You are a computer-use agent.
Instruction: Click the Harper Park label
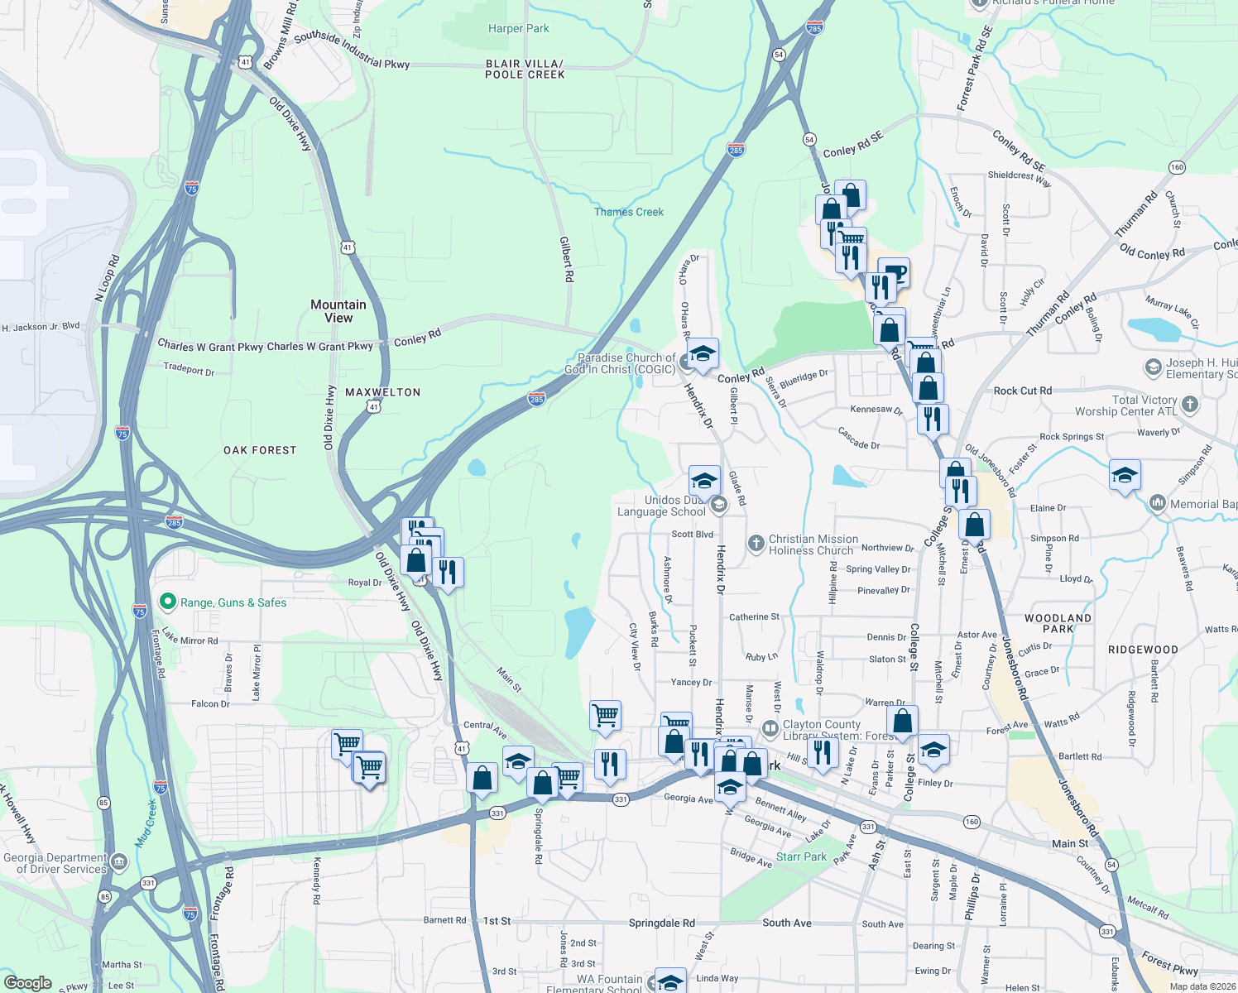tap(518, 28)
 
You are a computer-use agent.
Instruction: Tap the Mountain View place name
tap(338, 311)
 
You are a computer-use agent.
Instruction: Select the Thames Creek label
tap(629, 212)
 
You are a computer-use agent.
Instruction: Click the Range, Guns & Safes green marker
tap(168, 602)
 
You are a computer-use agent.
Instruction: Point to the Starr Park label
tap(801, 856)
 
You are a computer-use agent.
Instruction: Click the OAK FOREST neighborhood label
tap(260, 450)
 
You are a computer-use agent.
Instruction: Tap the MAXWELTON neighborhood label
tap(383, 392)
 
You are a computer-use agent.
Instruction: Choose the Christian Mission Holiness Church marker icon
tap(756, 544)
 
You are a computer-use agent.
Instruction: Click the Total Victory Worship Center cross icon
tap(1190, 405)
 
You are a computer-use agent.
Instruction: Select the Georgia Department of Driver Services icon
tap(119, 863)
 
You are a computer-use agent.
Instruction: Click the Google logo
tap(27, 983)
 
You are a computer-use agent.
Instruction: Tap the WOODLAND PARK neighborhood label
tap(1058, 623)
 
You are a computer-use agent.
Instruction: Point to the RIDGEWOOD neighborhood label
tap(1143, 650)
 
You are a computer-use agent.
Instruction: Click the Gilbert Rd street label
tap(567, 260)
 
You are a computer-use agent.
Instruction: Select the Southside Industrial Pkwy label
tap(352, 50)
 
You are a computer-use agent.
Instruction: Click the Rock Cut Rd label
tap(1023, 391)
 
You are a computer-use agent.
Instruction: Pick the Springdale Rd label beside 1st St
tap(661, 923)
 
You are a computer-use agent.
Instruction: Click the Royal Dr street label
tap(365, 583)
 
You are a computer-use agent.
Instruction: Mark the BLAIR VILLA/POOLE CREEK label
tap(525, 69)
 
